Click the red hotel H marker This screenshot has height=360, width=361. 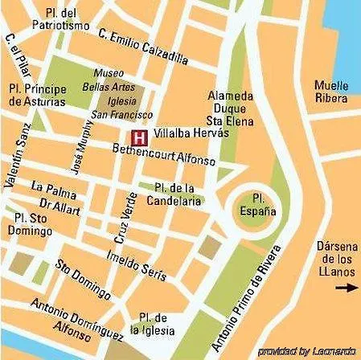pyautogui.click(x=139, y=136)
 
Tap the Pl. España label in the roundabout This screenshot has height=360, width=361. pyautogui.click(x=258, y=205)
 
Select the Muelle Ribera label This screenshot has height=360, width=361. pyautogui.click(x=331, y=92)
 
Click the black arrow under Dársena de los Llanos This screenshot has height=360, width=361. pyautogui.click(x=346, y=287)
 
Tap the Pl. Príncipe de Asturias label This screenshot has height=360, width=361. pyautogui.click(x=35, y=94)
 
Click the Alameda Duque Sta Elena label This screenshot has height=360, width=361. pyautogui.click(x=230, y=108)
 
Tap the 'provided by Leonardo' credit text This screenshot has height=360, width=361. pyautogui.click(x=307, y=351)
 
